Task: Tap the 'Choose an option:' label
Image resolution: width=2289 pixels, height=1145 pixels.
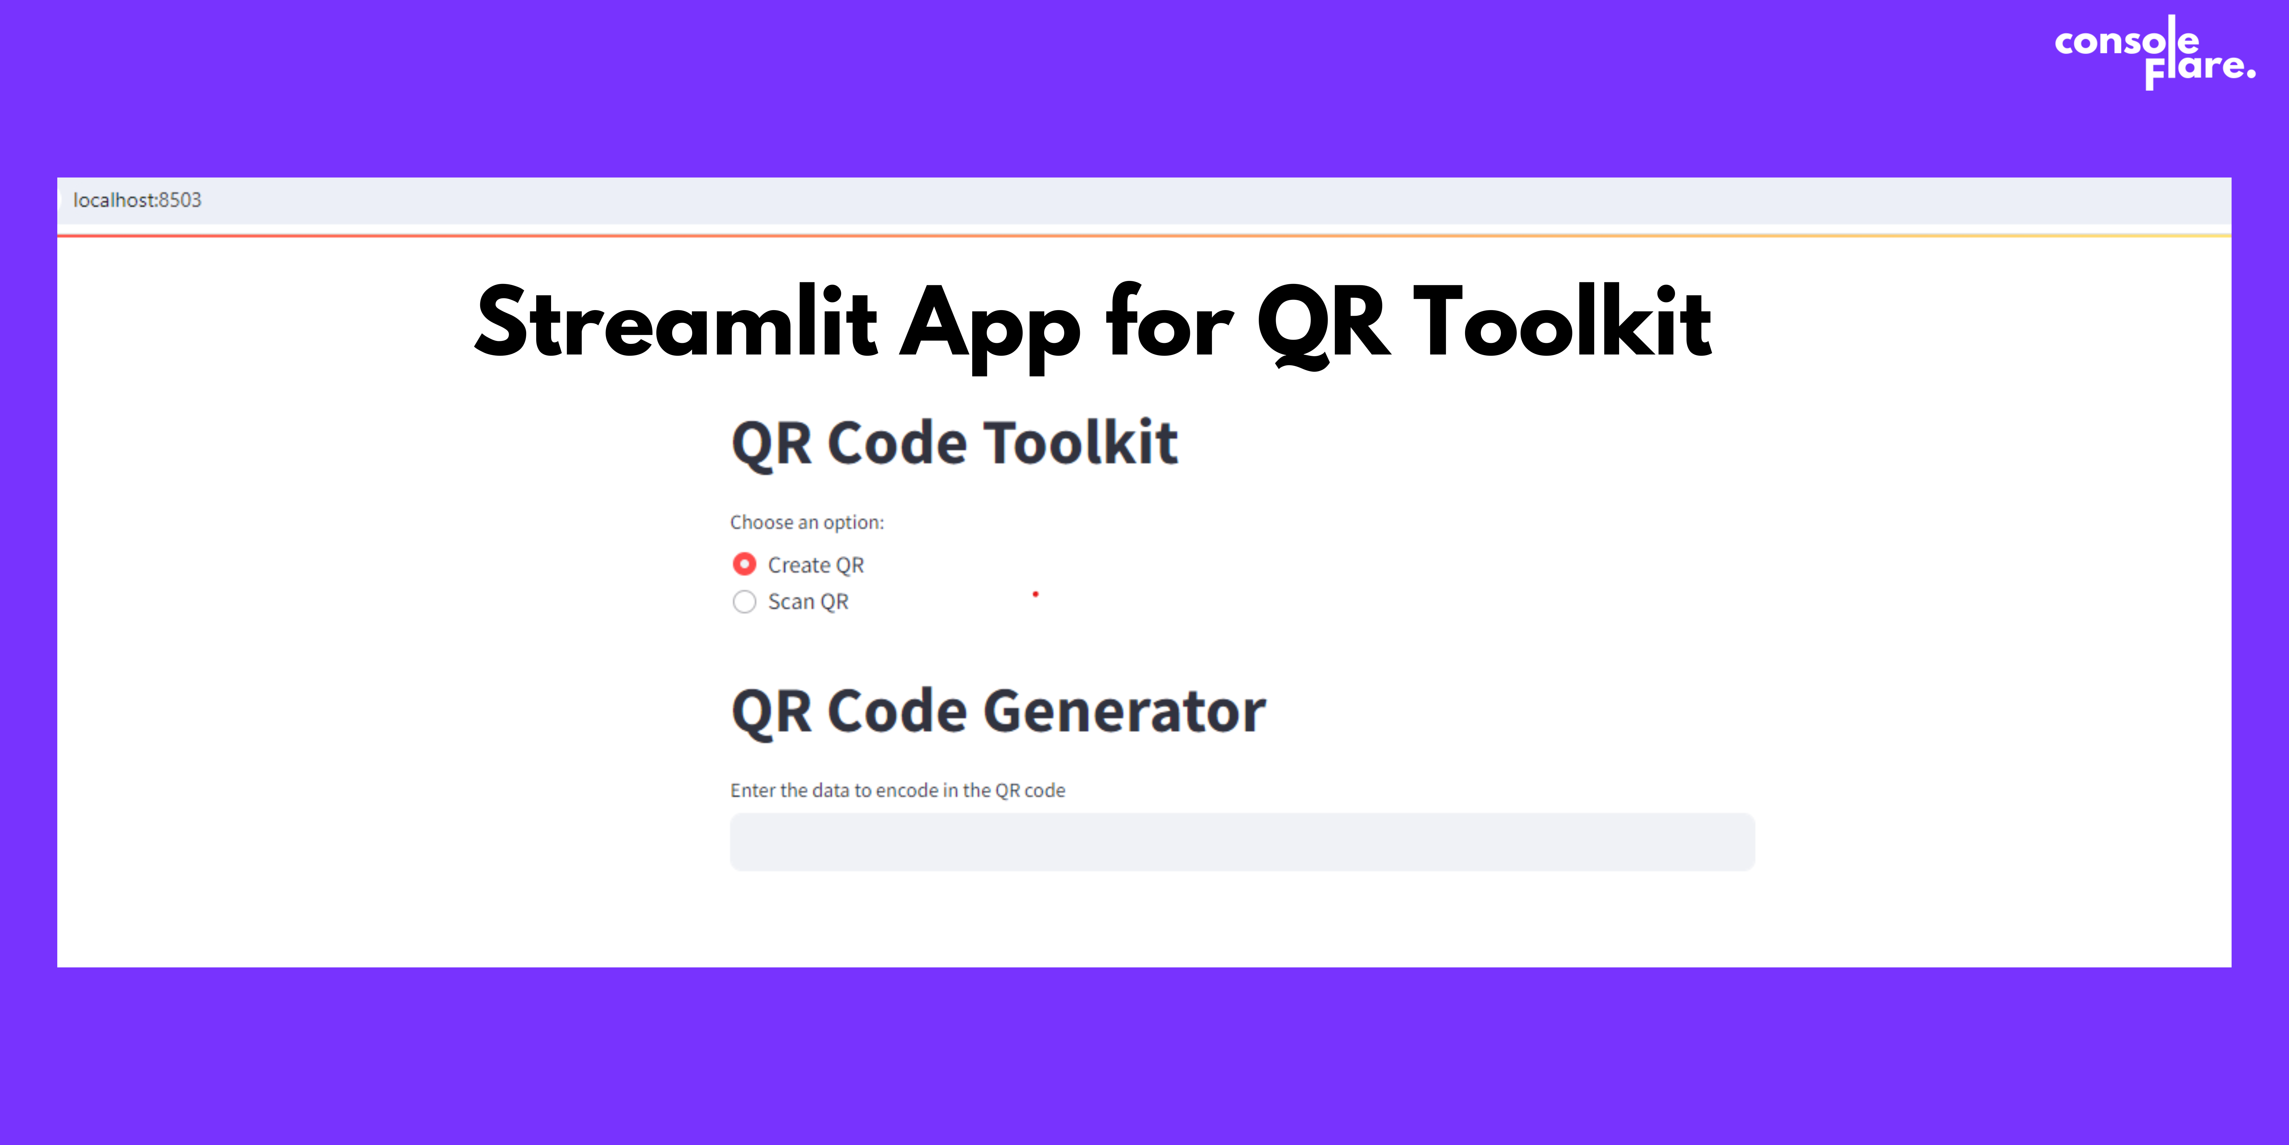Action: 807,522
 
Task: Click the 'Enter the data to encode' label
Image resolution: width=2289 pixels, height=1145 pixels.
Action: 897,790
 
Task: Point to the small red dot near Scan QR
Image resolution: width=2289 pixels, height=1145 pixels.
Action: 1035,594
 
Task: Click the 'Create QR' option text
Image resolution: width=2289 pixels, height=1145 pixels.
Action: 816,566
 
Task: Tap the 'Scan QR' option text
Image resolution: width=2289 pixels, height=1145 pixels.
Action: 808,602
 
